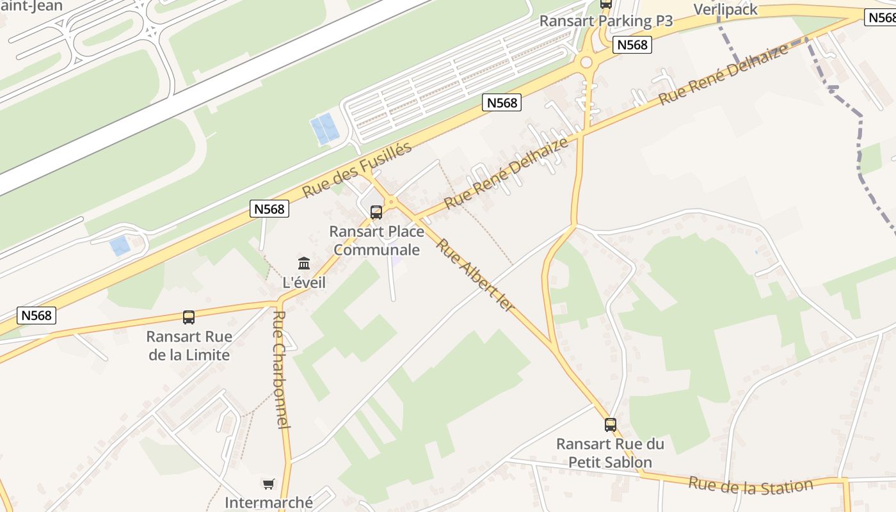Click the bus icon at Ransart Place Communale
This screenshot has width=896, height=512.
click(x=376, y=212)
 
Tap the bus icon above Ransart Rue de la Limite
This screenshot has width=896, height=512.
click(x=189, y=317)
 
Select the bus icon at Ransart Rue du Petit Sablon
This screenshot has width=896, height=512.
click(x=611, y=424)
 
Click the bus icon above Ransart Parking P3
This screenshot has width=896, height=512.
click(x=605, y=3)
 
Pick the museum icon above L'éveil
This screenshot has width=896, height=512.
click(x=304, y=263)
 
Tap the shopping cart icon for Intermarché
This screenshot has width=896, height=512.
click(x=268, y=484)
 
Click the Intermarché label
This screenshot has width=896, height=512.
click(x=269, y=502)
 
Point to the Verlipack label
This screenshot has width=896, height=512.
click(x=726, y=10)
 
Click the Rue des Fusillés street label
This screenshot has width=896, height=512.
click(x=356, y=170)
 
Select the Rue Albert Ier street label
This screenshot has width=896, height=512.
click(x=476, y=275)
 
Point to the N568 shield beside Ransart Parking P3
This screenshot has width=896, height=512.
click(x=632, y=45)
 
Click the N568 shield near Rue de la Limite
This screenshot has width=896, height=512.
click(x=37, y=315)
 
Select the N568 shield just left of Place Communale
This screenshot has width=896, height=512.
click(x=269, y=209)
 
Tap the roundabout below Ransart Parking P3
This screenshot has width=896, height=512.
click(x=586, y=62)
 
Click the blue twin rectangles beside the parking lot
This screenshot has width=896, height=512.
click(x=324, y=129)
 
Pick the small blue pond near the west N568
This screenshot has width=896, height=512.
click(x=120, y=246)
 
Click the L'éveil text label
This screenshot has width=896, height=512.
click(x=304, y=282)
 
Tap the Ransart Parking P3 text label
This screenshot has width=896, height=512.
click(x=605, y=21)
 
